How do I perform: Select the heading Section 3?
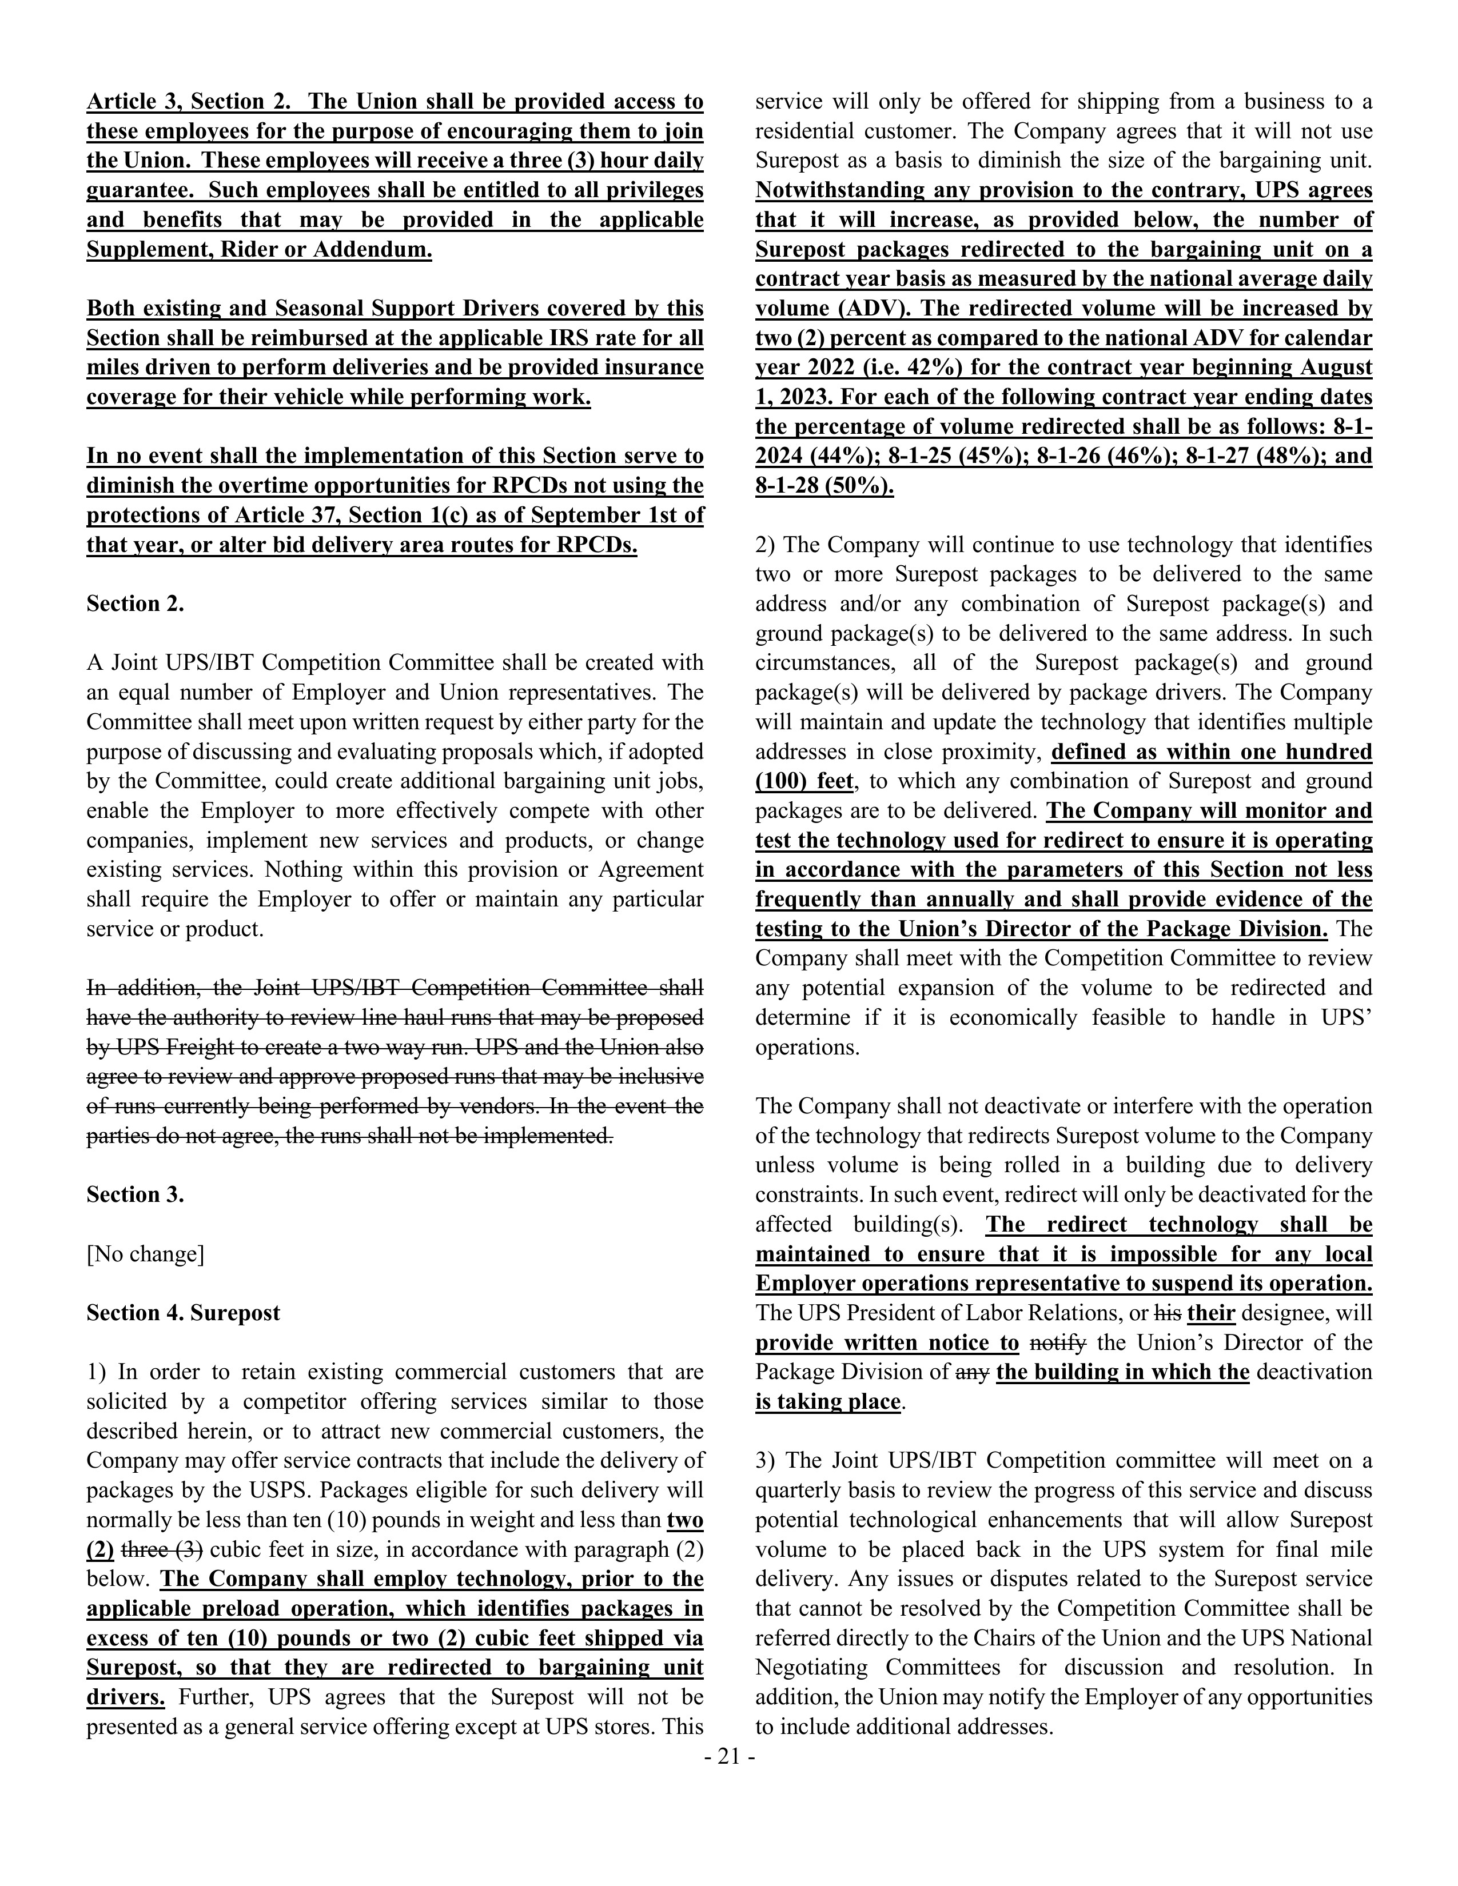(x=135, y=1194)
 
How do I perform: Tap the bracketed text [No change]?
(x=145, y=1254)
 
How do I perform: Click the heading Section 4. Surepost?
(x=183, y=1313)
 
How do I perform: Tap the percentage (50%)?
(x=859, y=486)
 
